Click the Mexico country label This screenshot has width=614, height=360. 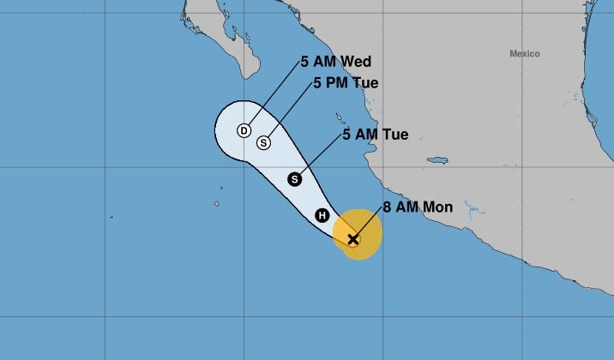point(525,54)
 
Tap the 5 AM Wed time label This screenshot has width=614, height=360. point(334,62)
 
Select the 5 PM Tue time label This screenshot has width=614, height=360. point(346,83)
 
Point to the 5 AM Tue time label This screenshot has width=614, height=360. point(375,135)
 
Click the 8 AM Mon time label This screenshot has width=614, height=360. point(418,207)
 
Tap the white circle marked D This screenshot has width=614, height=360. point(244,130)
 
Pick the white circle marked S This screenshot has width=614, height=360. point(263,142)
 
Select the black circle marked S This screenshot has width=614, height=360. point(295,179)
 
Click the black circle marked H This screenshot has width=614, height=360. point(322,215)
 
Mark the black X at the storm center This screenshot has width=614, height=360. point(352,238)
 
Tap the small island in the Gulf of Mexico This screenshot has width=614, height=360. point(438,160)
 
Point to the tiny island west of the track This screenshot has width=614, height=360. point(221,188)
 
